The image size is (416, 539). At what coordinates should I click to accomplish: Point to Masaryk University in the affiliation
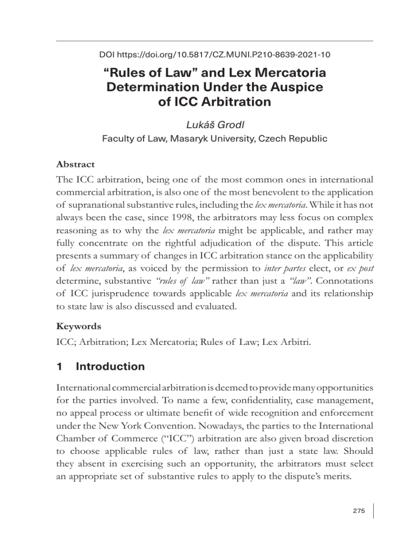pos(217,139)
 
